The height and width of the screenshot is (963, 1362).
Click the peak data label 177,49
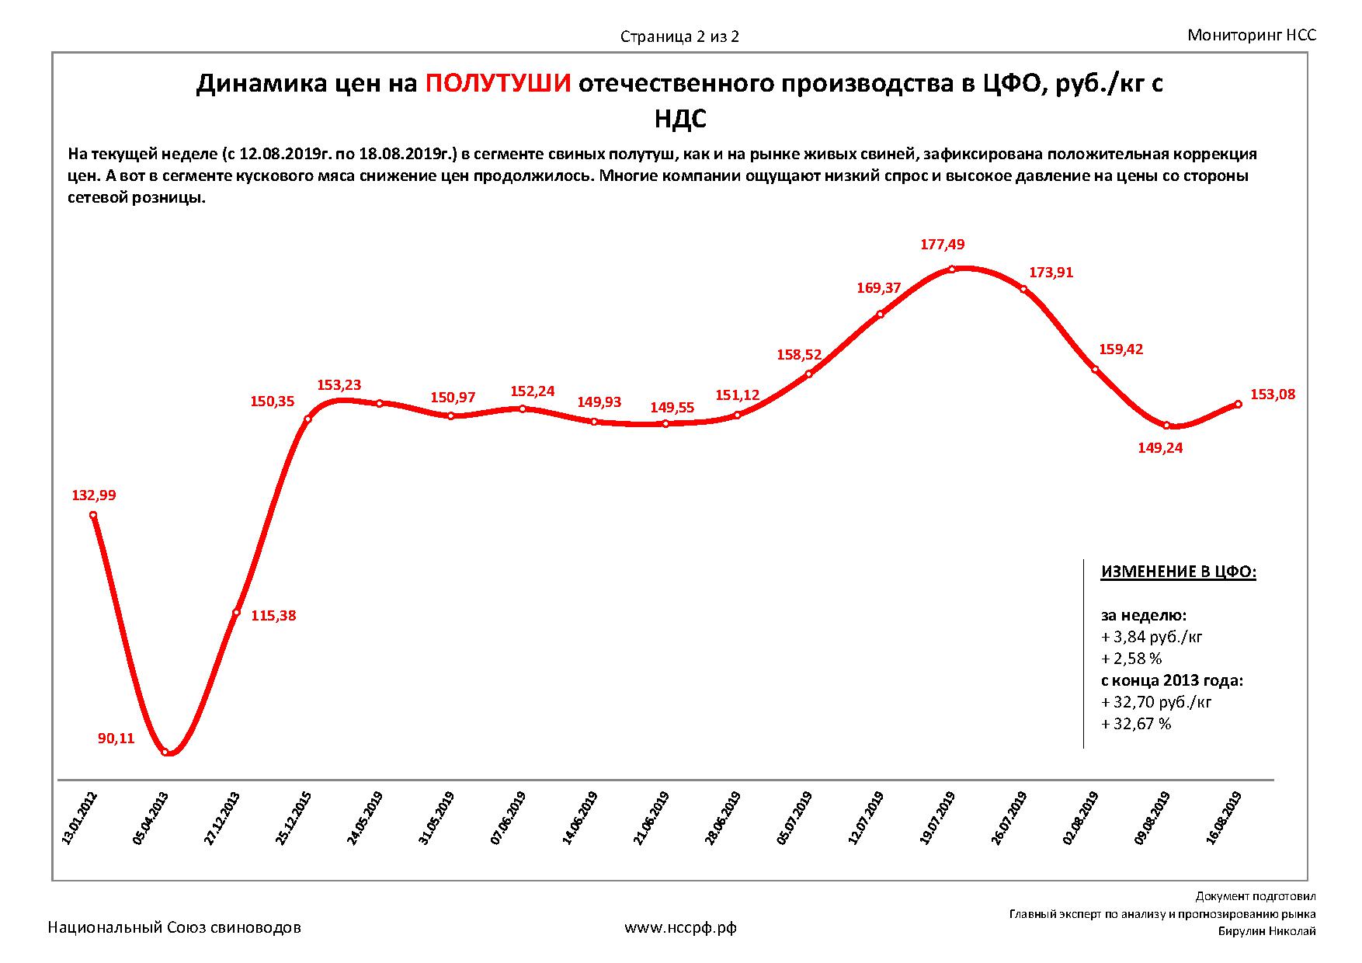pyautogui.click(x=942, y=245)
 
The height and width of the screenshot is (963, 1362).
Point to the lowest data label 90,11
pyautogui.click(x=116, y=739)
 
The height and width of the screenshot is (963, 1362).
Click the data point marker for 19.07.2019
pyautogui.click(x=952, y=270)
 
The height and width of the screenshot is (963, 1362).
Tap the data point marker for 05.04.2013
pyautogui.click(x=165, y=752)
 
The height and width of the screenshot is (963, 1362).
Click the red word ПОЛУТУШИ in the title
pyautogui.click(x=498, y=84)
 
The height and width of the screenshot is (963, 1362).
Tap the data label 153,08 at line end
pyautogui.click(x=1273, y=395)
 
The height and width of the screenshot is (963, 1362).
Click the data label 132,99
pyautogui.click(x=93, y=495)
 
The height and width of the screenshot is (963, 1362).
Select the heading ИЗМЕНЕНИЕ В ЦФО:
pyautogui.click(x=1178, y=572)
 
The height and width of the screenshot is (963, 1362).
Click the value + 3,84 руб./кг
pyautogui.click(x=1152, y=637)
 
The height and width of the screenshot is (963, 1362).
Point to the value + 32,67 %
pyautogui.click(x=1136, y=724)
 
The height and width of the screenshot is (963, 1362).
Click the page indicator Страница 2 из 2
pyautogui.click(x=679, y=37)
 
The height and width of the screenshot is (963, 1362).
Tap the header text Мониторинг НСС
pyautogui.click(x=1252, y=35)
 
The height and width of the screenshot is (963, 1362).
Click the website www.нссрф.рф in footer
pyautogui.click(x=680, y=927)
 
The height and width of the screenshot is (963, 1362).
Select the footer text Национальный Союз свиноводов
pyautogui.click(x=175, y=927)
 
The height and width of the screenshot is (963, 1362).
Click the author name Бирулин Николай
pyautogui.click(x=1266, y=932)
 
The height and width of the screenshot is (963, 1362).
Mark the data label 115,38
pyautogui.click(x=274, y=616)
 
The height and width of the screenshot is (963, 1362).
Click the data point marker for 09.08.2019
pyautogui.click(x=1166, y=426)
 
